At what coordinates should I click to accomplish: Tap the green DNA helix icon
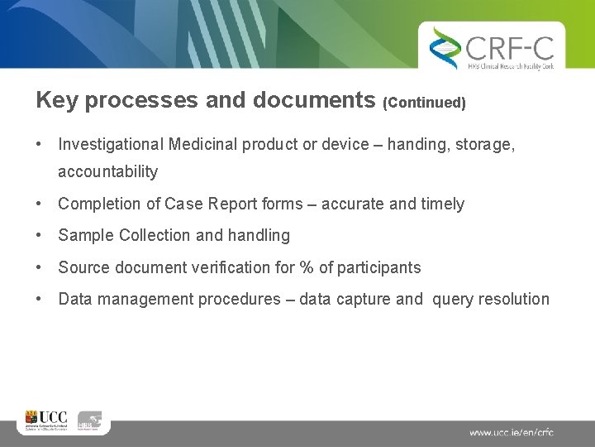coord(445,47)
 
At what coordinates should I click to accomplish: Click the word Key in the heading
coord(57,100)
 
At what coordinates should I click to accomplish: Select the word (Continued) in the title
coord(425,103)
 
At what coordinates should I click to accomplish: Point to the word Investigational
coord(111,145)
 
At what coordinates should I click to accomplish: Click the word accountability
coord(107,172)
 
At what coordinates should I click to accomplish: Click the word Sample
coord(86,236)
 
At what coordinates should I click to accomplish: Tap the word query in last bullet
coord(454,300)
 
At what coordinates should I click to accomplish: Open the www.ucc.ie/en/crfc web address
coord(512,432)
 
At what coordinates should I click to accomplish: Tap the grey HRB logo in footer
coord(90,421)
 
